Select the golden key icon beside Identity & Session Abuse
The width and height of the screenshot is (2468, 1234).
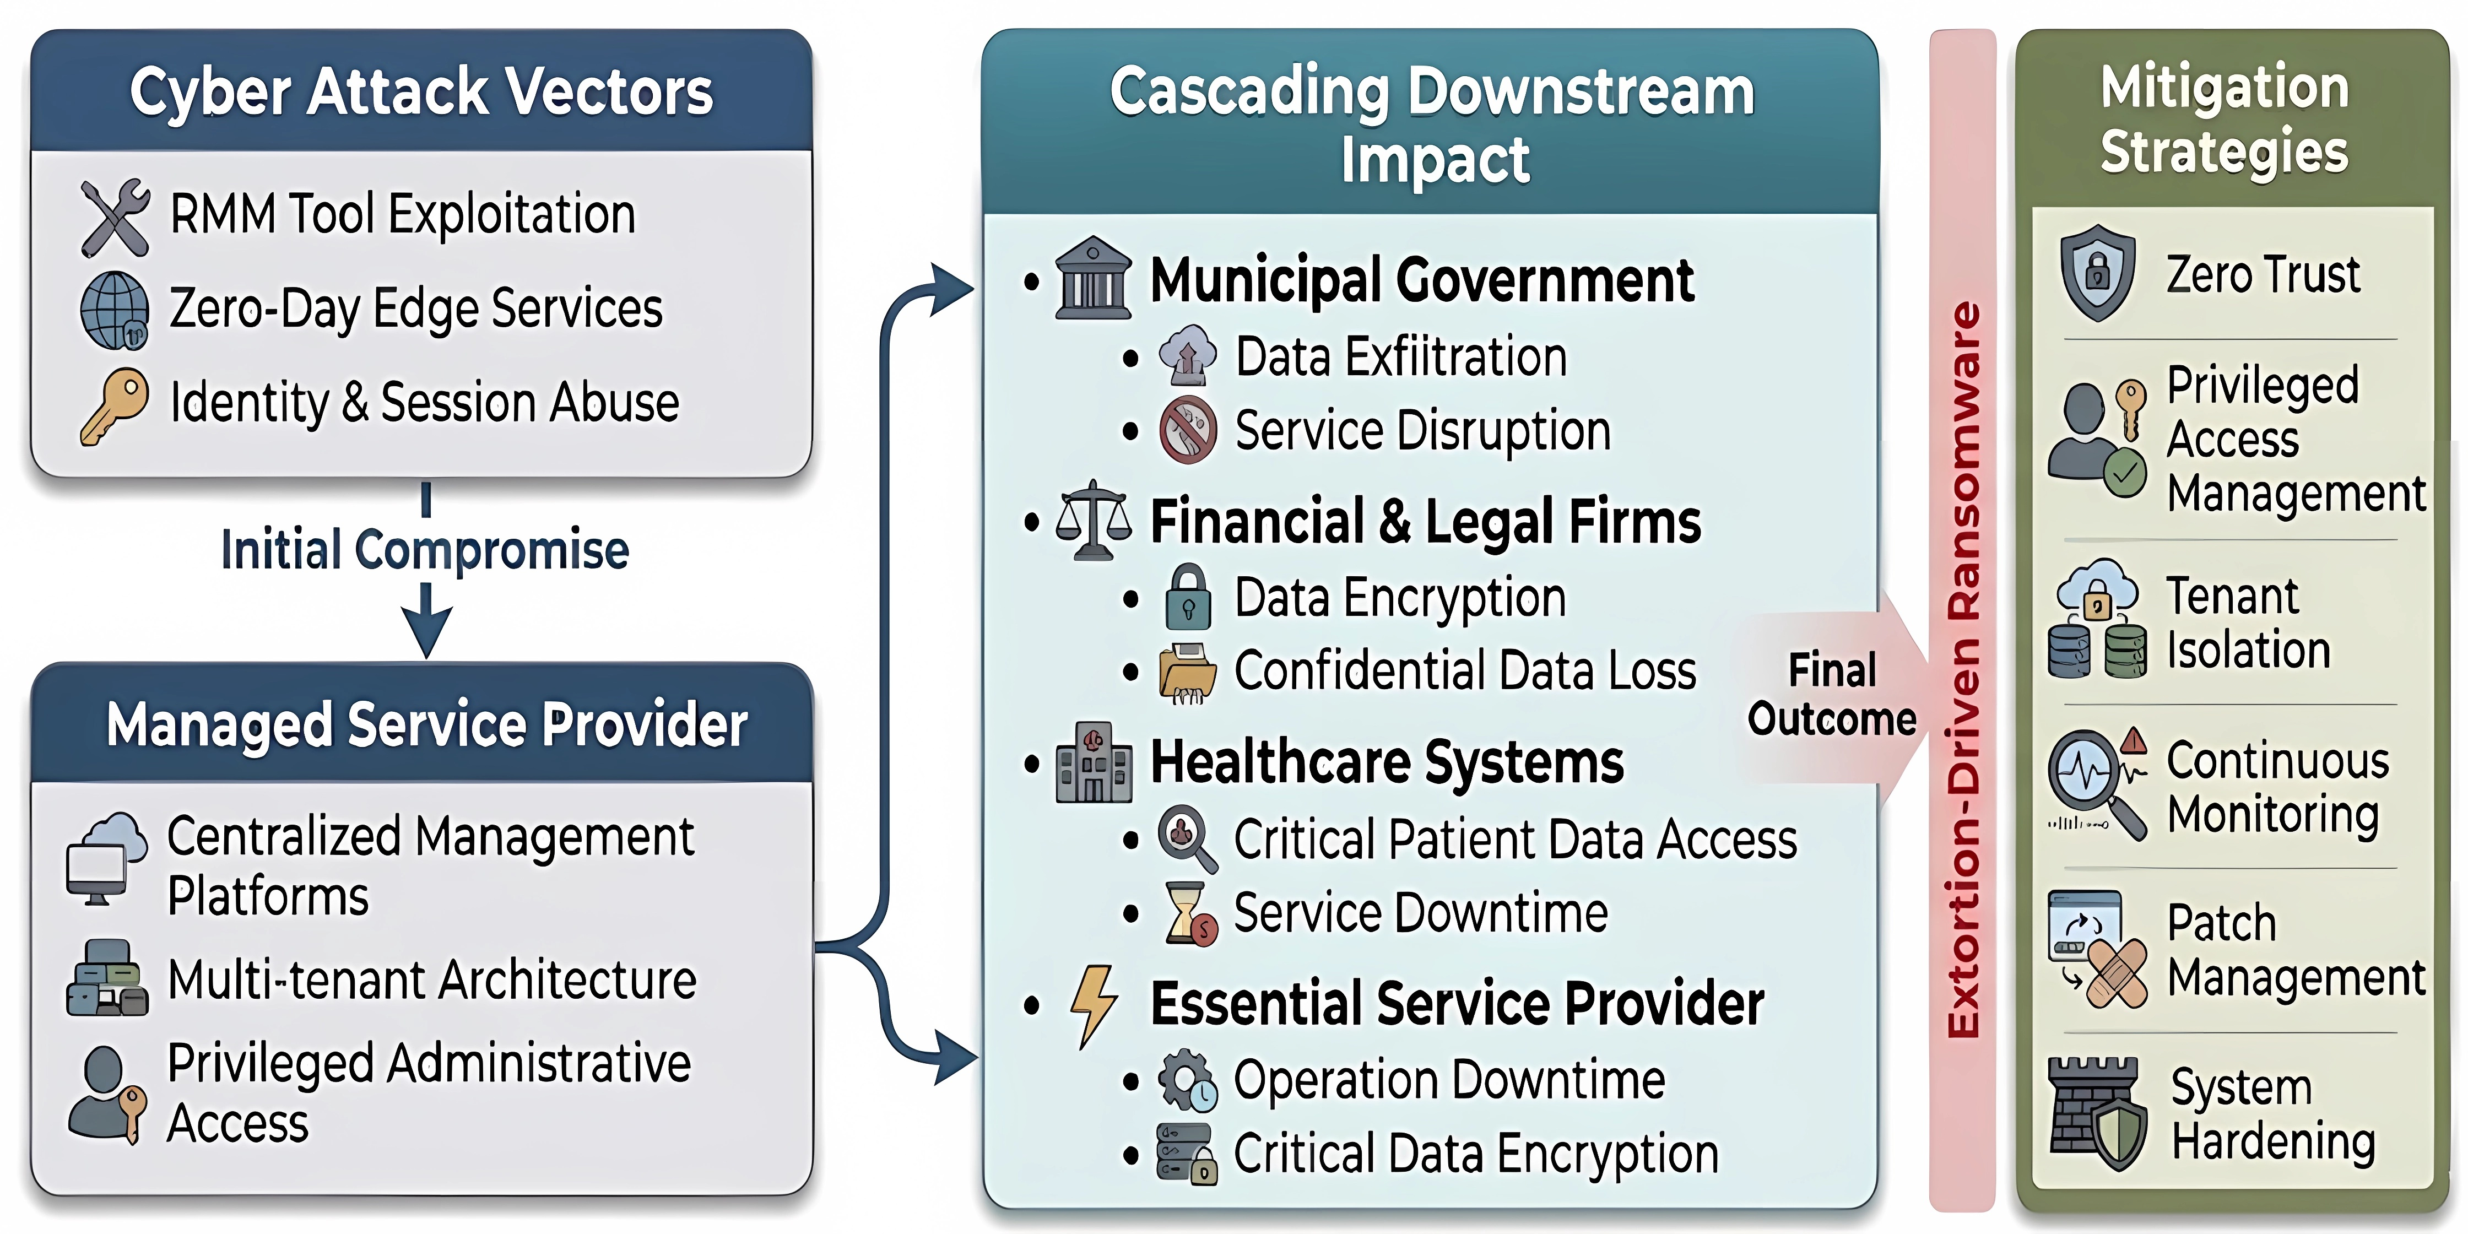click(x=114, y=406)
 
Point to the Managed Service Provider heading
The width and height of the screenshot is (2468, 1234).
click(x=426, y=724)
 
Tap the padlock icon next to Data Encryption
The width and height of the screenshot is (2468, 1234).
click(x=1188, y=597)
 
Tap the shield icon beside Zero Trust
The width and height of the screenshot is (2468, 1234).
click(x=2097, y=273)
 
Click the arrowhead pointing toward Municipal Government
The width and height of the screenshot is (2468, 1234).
click(x=953, y=288)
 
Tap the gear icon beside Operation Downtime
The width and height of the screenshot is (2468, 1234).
click(x=1187, y=1081)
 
